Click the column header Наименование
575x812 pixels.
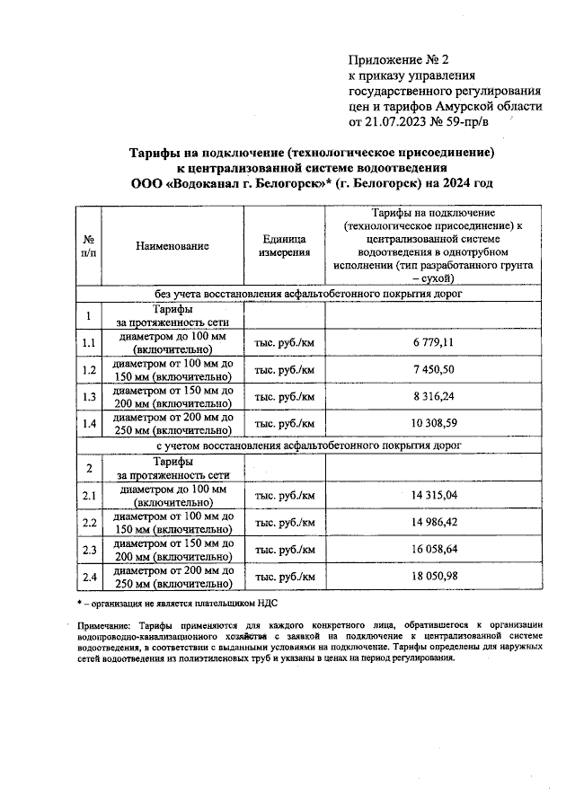173,245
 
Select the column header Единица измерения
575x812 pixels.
285,245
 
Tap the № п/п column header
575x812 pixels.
89,245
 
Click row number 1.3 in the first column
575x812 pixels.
89,396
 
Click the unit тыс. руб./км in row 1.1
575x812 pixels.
285,343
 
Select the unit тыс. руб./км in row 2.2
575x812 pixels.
285,522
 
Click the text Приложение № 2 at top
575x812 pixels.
398,60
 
